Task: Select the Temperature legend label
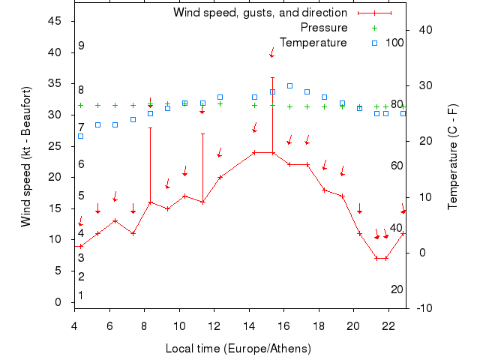click(313, 42)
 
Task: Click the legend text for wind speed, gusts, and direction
click(259, 13)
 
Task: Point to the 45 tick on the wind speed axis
click(55, 21)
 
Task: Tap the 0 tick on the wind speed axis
click(58, 302)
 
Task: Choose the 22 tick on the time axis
click(388, 326)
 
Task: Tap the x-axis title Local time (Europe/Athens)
click(238, 349)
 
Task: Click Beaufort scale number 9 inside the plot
click(81, 46)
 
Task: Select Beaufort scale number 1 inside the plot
click(81, 295)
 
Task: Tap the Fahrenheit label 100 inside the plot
click(394, 42)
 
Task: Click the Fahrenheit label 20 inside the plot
click(397, 289)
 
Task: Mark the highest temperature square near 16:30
click(289, 85)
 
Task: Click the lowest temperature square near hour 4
click(80, 136)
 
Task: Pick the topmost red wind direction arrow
click(272, 53)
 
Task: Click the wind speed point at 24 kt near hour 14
click(254, 152)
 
